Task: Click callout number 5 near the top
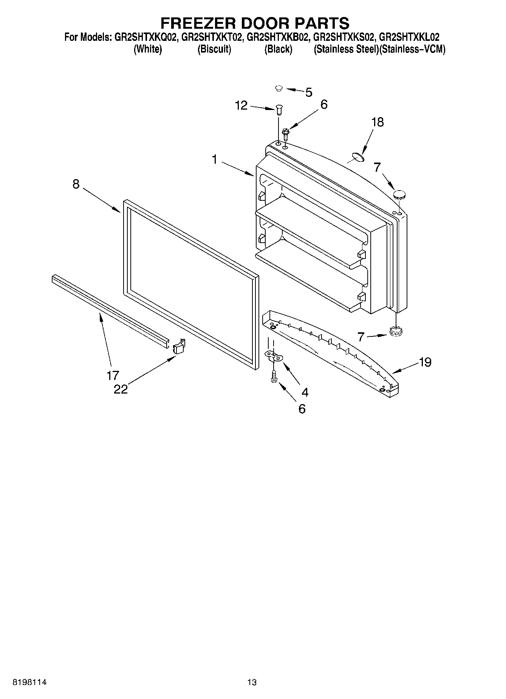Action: (309, 92)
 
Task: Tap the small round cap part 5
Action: (279, 88)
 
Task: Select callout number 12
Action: (241, 105)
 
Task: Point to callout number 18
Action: (377, 122)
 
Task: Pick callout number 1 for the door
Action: (214, 160)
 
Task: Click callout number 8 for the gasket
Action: (76, 184)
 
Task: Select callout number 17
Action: (113, 375)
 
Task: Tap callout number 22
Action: (121, 389)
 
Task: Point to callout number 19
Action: (425, 362)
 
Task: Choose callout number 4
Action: (305, 392)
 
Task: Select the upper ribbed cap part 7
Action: (399, 195)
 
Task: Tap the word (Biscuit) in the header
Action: (214, 50)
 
